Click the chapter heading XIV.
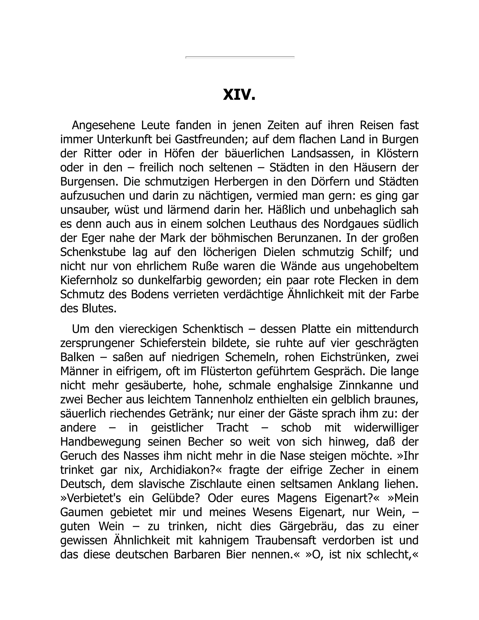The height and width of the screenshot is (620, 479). click(239, 95)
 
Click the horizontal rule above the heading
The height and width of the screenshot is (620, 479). click(240, 57)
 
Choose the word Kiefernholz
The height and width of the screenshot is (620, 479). click(89, 280)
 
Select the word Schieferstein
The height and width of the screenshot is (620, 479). click(173, 343)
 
